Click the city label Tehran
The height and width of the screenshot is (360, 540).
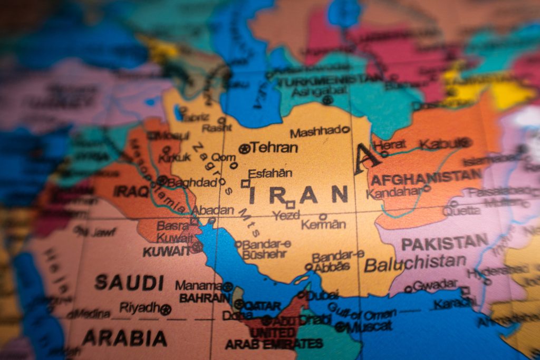[274, 148]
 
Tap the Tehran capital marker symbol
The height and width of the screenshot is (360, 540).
[244, 149]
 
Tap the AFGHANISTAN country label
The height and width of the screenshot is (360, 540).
[426, 178]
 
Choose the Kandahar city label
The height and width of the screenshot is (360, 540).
[394, 193]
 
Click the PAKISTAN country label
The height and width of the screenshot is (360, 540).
[445, 243]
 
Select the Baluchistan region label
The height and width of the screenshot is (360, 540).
[415, 263]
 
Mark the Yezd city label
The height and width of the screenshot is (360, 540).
[286, 215]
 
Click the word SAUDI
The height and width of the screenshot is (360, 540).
[129, 283]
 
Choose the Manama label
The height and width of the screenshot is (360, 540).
[199, 285]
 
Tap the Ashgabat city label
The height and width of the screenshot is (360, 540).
[313, 91]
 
